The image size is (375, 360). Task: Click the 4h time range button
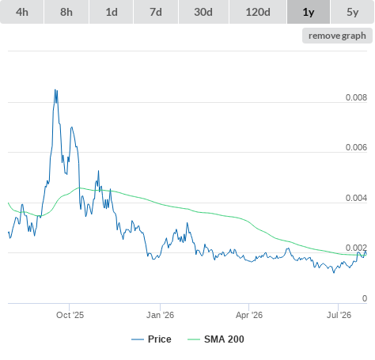(22, 12)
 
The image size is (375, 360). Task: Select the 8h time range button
(66, 12)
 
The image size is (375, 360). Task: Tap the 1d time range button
(112, 12)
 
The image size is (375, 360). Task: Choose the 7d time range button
(156, 12)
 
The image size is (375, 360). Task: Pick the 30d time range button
(203, 12)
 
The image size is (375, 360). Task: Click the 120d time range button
(258, 12)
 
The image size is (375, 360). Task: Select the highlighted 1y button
(309, 12)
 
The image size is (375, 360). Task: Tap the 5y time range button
(353, 12)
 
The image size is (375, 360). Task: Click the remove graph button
(337, 36)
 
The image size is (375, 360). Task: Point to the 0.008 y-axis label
(356, 97)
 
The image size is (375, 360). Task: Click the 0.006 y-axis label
(356, 147)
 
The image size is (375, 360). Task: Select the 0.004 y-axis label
(356, 198)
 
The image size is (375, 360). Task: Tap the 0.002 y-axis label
(356, 248)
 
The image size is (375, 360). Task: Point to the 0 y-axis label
(365, 298)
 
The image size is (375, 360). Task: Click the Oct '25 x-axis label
(70, 315)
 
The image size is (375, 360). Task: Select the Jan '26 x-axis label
(160, 315)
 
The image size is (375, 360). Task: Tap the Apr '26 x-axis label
(249, 315)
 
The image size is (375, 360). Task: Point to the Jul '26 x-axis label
(339, 315)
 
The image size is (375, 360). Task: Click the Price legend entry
(151, 339)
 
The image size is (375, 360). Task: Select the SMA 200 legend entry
(216, 339)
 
